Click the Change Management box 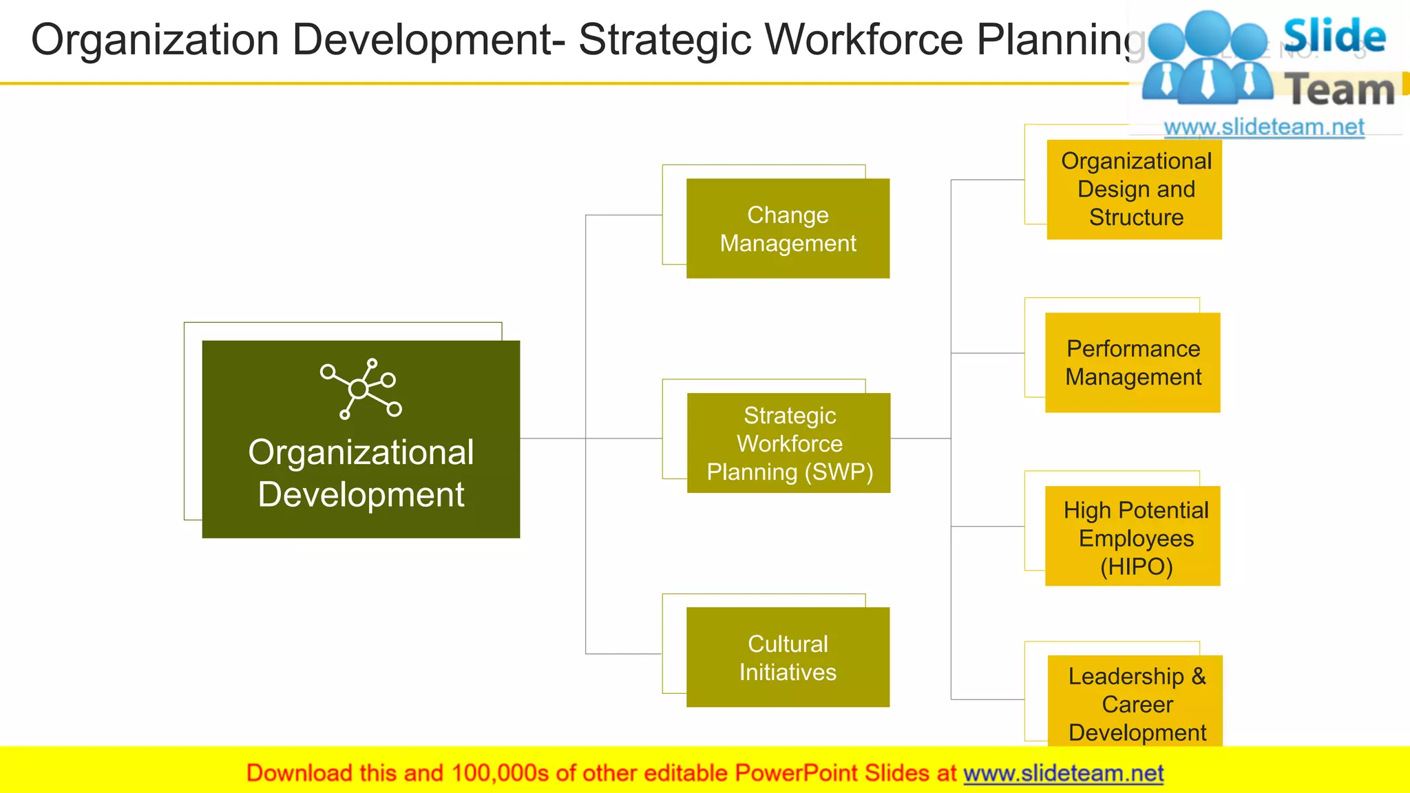click(x=788, y=229)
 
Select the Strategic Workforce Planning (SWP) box click(x=788, y=443)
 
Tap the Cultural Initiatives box click(x=788, y=657)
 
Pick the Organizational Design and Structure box click(x=1135, y=189)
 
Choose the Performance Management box click(x=1133, y=363)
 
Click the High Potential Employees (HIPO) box click(x=1133, y=536)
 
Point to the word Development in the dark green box click(x=361, y=495)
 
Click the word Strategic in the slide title click(x=665, y=39)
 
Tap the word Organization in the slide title click(x=155, y=39)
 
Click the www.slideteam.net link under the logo click(x=1263, y=127)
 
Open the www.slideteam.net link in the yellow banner click(x=1063, y=773)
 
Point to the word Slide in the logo click(x=1334, y=36)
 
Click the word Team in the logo click(x=1340, y=90)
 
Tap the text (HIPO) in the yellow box click(x=1136, y=567)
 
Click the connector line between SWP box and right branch click(x=920, y=438)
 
